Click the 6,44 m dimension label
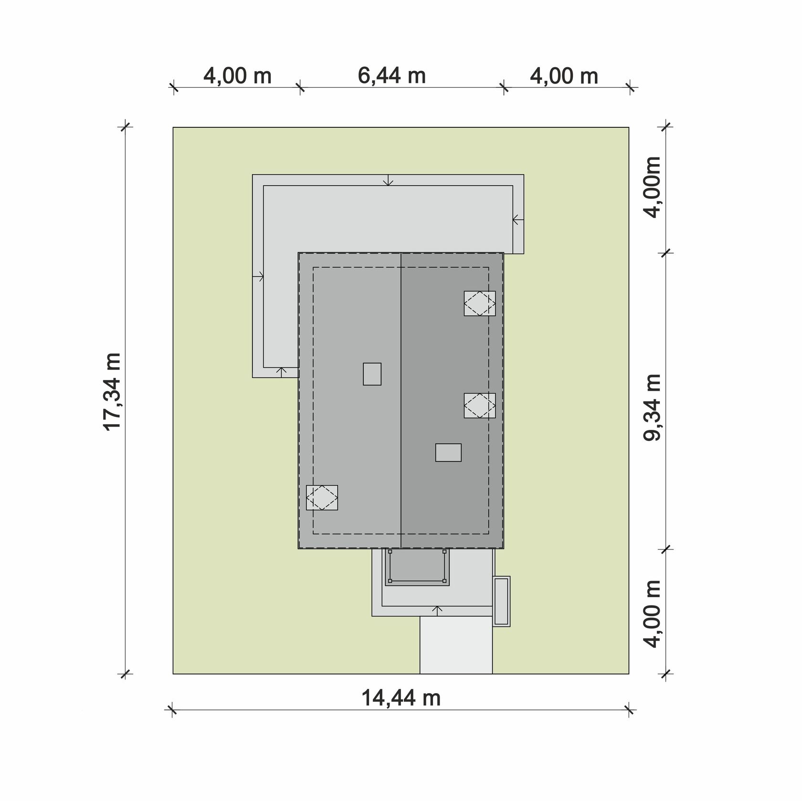click(x=391, y=75)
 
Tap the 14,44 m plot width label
click(x=401, y=698)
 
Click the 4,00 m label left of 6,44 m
click(x=237, y=75)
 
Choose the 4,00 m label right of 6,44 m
click(x=564, y=76)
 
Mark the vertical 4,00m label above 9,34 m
click(x=653, y=187)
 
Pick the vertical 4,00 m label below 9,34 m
click(x=653, y=614)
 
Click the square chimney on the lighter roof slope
click(x=372, y=374)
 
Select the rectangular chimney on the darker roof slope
click(x=448, y=452)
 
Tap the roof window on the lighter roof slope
click(x=322, y=498)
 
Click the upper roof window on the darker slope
click(x=480, y=303)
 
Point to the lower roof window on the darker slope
click(x=480, y=406)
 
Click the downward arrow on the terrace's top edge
click(x=389, y=180)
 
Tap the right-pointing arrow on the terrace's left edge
click(x=258, y=276)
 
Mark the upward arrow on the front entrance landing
click(x=437, y=611)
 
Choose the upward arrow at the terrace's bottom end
click(x=282, y=373)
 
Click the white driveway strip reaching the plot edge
click(x=456, y=645)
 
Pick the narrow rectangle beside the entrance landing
click(x=501, y=601)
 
